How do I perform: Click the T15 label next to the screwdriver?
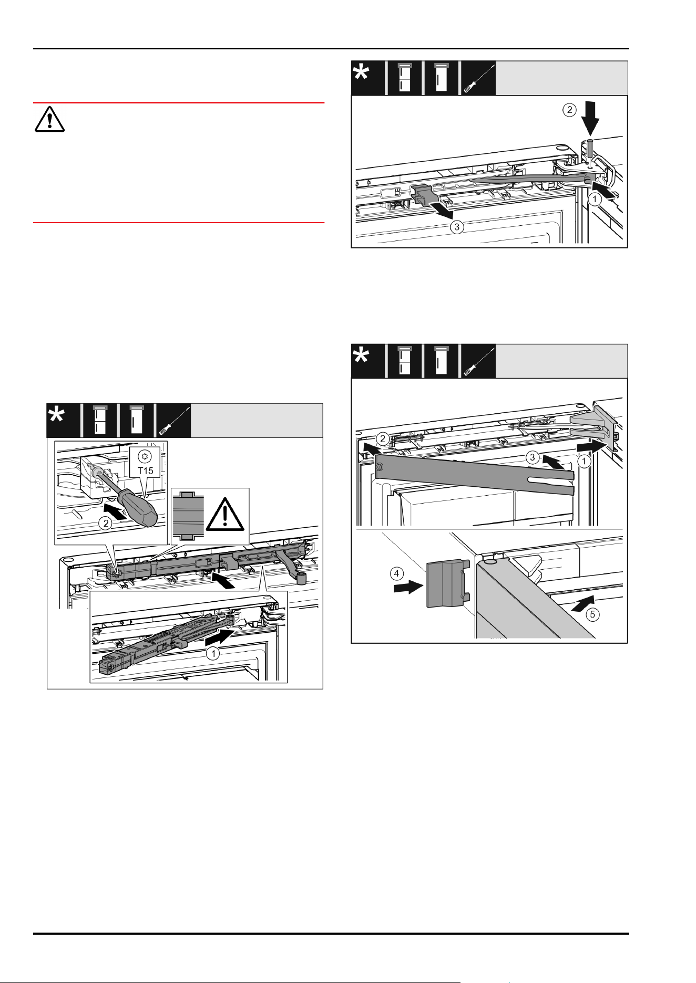pyautogui.click(x=146, y=470)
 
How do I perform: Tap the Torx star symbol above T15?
pyautogui.click(x=146, y=456)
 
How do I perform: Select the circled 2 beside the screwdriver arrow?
pyautogui.click(x=106, y=523)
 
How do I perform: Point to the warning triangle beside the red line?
pyautogui.click(x=49, y=119)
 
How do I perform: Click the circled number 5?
pyautogui.click(x=592, y=614)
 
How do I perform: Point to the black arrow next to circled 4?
pyautogui.click(x=408, y=587)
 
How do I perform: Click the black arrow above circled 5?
pyautogui.click(x=582, y=603)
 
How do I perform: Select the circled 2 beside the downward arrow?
pyautogui.click(x=570, y=110)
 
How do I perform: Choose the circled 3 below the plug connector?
pyautogui.click(x=457, y=227)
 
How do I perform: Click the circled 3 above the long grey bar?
pyautogui.click(x=533, y=457)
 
